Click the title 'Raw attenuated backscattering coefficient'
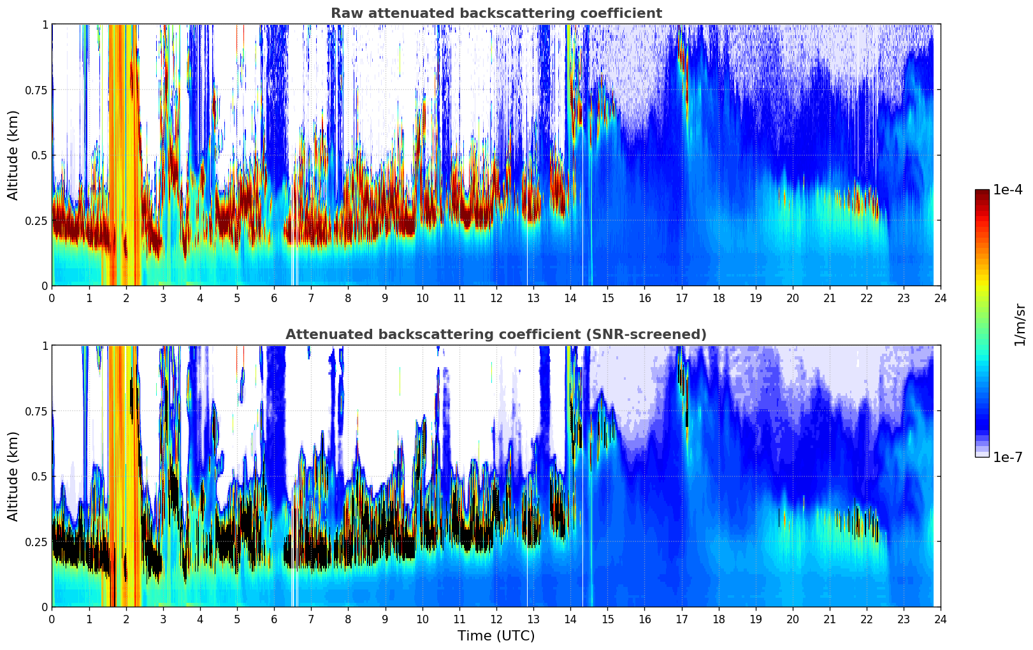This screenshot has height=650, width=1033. [x=496, y=13]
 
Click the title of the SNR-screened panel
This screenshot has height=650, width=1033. [x=496, y=335]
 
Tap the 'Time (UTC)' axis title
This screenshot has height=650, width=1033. [x=496, y=636]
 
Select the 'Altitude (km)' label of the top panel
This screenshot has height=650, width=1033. [x=13, y=155]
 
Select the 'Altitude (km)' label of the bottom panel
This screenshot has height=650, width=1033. [x=13, y=476]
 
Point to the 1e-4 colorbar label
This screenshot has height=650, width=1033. [x=1008, y=190]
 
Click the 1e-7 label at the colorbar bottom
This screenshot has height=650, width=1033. [x=1008, y=457]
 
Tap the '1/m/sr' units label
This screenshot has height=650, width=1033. [x=1020, y=324]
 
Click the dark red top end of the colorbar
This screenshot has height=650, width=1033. [x=982, y=192]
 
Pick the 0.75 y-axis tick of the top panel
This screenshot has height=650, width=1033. [x=36, y=90]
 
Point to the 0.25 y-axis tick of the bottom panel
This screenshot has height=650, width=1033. [x=36, y=542]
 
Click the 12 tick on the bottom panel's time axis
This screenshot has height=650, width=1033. [x=496, y=619]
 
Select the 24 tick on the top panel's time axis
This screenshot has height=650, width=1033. [x=940, y=298]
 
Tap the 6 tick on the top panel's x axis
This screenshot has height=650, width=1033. [x=274, y=298]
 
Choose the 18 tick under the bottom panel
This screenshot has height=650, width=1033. [x=718, y=619]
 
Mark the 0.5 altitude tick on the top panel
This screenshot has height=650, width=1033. [x=40, y=155]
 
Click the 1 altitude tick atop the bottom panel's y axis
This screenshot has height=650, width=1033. [x=45, y=346]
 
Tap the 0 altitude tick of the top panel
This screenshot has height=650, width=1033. [x=45, y=285]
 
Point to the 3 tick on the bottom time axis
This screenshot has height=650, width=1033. [x=163, y=619]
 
